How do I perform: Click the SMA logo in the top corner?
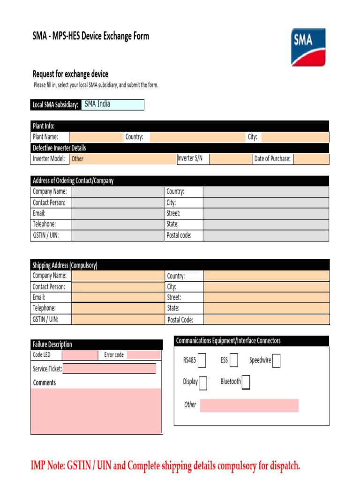tap(308, 47)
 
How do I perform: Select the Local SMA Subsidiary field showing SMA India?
tap(112, 105)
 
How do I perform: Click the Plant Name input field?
tap(96, 137)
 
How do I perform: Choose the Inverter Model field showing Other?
tap(123, 159)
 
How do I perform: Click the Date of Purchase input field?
tap(311, 159)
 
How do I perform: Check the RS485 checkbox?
tap(202, 360)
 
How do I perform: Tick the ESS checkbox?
tap(233, 360)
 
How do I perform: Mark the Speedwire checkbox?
tap(277, 360)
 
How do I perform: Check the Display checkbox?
tap(202, 382)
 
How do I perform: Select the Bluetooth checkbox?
tap(246, 382)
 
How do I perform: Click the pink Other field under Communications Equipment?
tap(249, 405)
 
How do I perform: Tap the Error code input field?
tap(143, 355)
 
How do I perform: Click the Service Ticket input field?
tap(109, 369)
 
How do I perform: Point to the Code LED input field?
tap(80, 355)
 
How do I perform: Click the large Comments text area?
tap(96, 411)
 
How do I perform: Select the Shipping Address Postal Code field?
tap(266, 320)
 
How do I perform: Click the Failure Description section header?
tap(52, 345)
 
